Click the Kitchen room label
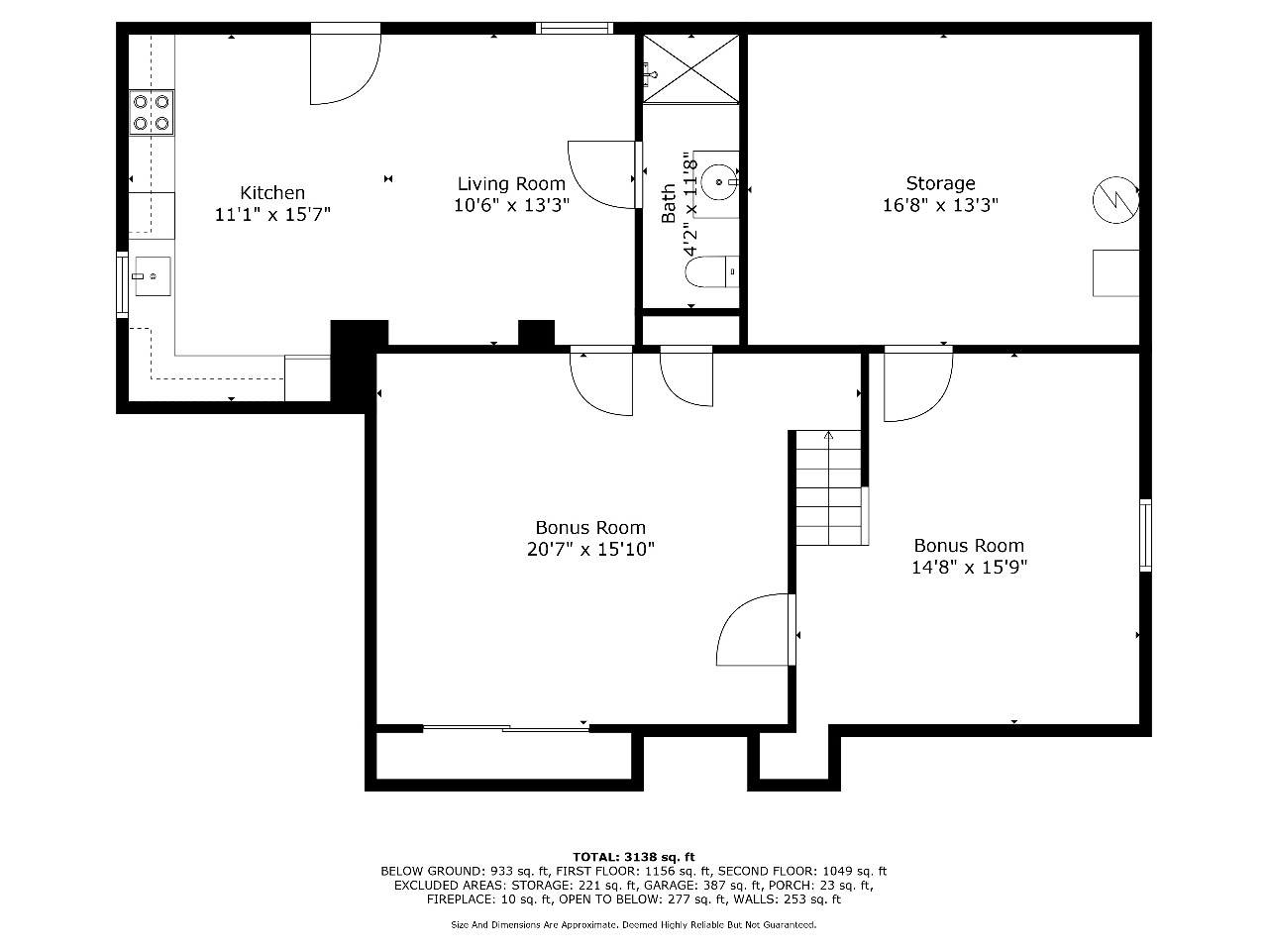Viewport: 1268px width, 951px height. (272, 192)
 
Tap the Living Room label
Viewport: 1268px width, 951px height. (511, 184)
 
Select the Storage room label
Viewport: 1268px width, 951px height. (940, 183)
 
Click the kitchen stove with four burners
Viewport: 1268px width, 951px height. (152, 113)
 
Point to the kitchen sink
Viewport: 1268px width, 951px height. (153, 276)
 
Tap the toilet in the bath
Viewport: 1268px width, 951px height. (711, 272)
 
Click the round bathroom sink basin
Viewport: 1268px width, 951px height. (718, 182)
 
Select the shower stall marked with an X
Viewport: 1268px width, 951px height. (690, 69)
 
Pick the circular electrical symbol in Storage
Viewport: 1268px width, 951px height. (1115, 200)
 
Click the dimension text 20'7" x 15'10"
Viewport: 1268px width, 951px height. (590, 549)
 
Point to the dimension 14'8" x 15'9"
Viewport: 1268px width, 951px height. (969, 568)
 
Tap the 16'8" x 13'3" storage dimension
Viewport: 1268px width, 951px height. (940, 205)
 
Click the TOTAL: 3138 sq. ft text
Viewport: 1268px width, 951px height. (634, 857)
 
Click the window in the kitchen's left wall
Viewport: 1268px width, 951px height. (122, 284)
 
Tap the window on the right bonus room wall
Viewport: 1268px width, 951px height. (1145, 536)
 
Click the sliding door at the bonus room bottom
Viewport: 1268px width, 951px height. (506, 729)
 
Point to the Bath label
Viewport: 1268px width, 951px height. (669, 203)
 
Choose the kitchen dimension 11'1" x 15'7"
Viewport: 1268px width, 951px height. (272, 215)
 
